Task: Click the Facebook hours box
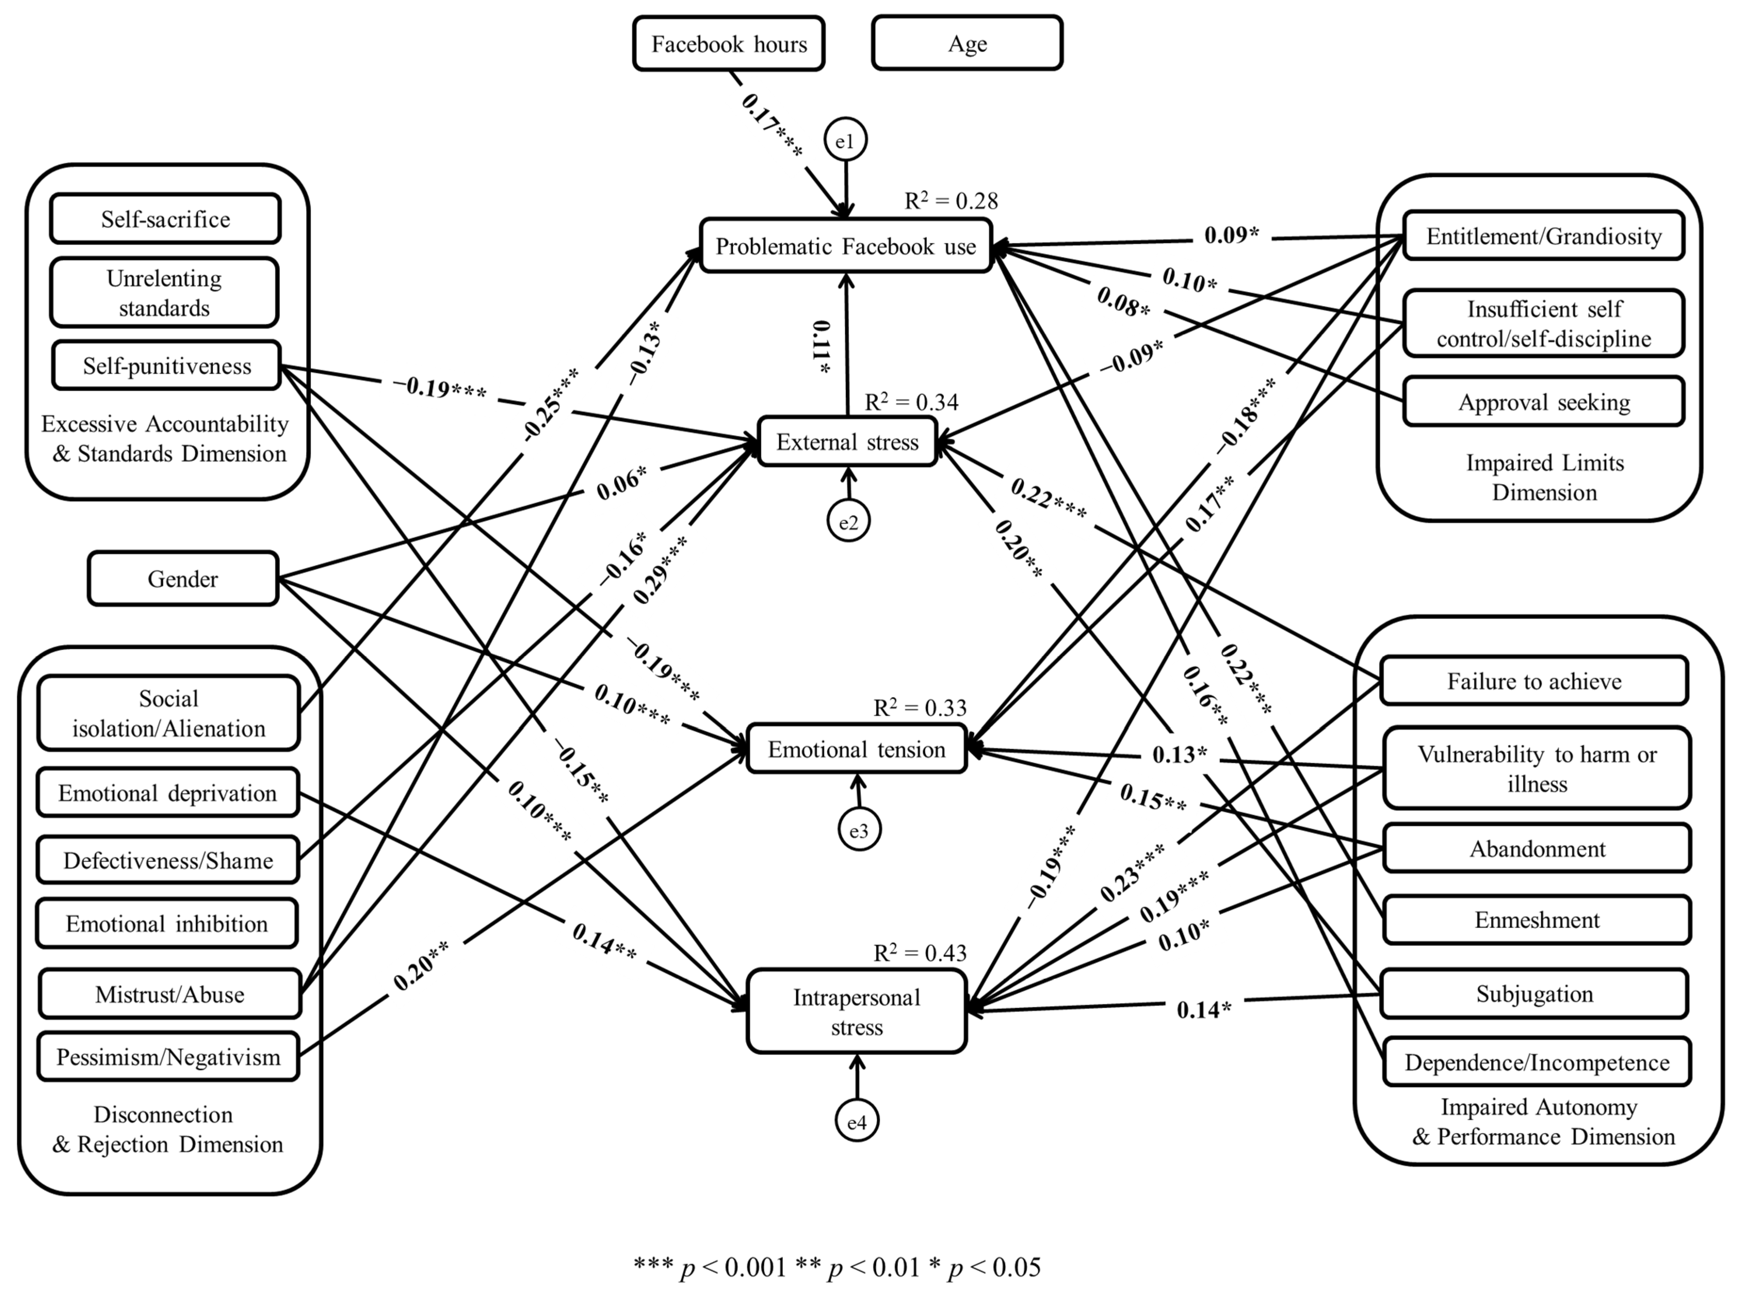tap(728, 44)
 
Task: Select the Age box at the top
tap(967, 44)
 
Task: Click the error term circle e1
tap(845, 141)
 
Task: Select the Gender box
tap(183, 579)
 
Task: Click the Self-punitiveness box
tap(167, 366)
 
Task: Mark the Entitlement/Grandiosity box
tap(1544, 236)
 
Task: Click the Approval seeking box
tap(1544, 402)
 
